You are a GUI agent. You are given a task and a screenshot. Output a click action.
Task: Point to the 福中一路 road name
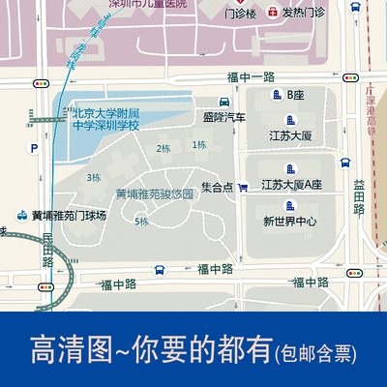pos(251,75)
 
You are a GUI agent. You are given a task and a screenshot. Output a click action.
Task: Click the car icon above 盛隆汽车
pos(224,103)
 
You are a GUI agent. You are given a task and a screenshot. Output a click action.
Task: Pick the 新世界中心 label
pos(289,220)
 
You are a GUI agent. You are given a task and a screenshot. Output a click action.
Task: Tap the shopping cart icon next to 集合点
pos(243,187)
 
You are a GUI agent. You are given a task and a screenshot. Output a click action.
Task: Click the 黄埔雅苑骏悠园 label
pos(155,193)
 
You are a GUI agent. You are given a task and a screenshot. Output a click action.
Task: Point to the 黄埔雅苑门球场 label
pos(68,215)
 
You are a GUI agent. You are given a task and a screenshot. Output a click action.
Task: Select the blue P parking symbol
pos(34,148)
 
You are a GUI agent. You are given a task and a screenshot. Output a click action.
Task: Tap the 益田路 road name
pos(359,196)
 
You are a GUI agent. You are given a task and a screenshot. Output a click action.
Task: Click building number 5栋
pos(141,222)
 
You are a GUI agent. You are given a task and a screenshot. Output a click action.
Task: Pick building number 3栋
pos(94,177)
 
